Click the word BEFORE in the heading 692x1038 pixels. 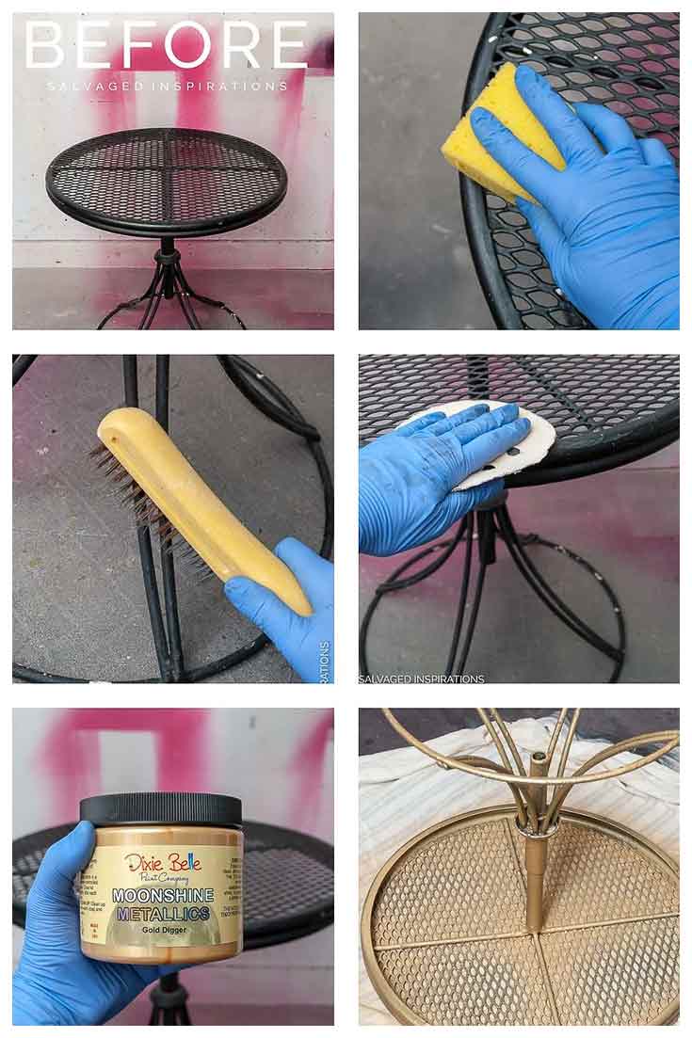167,44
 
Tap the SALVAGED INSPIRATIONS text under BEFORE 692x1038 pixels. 167,86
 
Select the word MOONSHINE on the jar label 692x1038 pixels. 162,894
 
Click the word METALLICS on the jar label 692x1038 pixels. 162,912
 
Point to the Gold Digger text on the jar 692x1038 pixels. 161,929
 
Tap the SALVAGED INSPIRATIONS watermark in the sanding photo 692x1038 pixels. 422,679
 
